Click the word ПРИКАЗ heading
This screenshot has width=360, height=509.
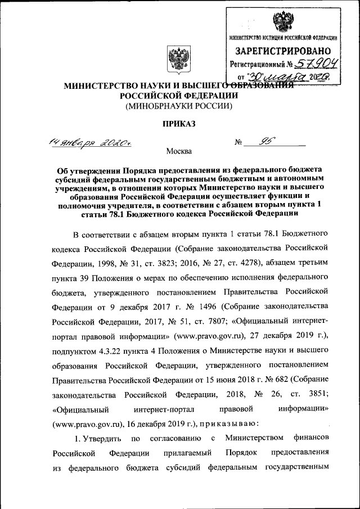coord(179,124)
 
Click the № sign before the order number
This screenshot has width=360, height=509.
coord(238,143)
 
